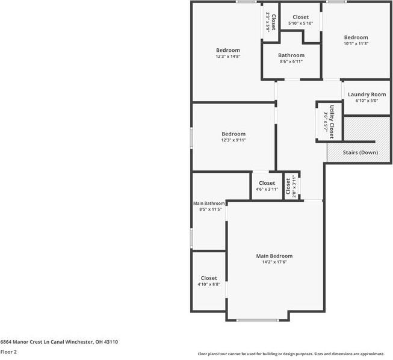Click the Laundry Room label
[x=367, y=95]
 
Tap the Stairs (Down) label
[x=361, y=152]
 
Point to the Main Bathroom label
[x=209, y=203]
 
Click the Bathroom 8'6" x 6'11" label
[x=291, y=55]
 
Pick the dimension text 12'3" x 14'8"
[x=228, y=56]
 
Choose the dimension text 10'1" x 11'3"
[x=356, y=43]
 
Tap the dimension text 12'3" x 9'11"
[x=234, y=140]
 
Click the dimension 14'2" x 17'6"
[x=274, y=262]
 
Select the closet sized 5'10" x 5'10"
[x=300, y=17]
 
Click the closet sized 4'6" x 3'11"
[x=267, y=184]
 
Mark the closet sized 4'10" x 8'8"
[x=209, y=278]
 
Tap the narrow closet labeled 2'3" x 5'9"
[x=271, y=22]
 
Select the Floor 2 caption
[x=9, y=352]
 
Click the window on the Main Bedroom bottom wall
[x=257, y=320]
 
